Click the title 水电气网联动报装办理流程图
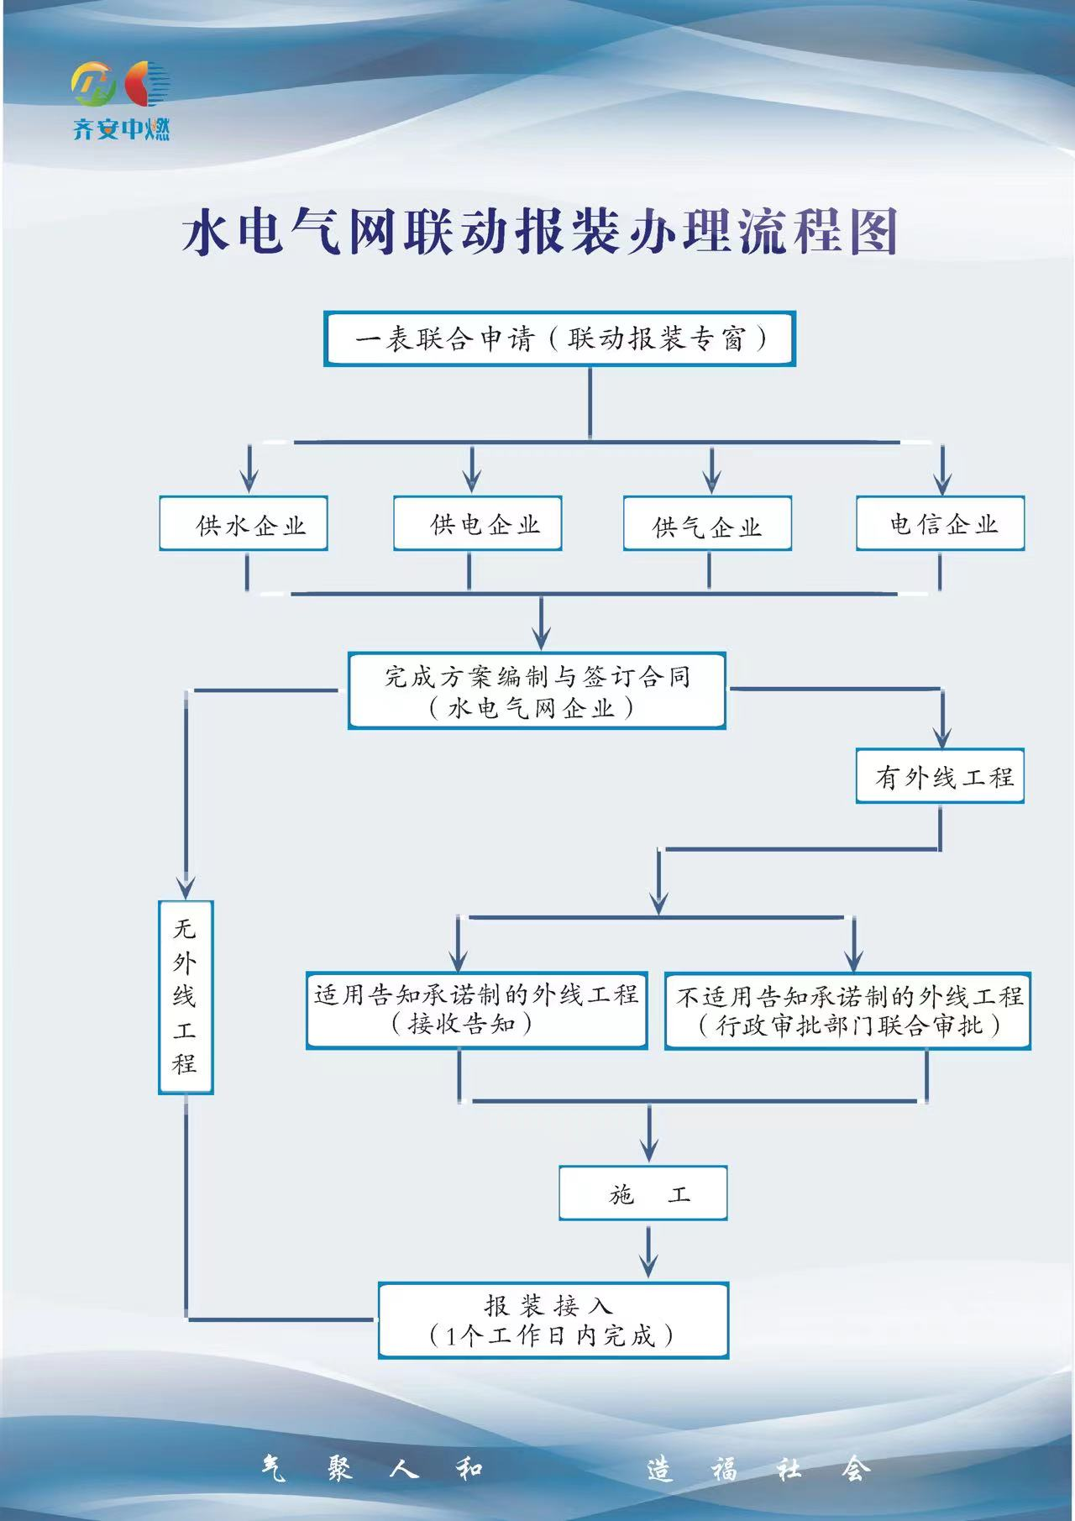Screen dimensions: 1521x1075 click(540, 233)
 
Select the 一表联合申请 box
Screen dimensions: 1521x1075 click(559, 339)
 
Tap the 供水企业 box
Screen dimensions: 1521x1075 click(244, 525)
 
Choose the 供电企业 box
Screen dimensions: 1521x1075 click(477, 524)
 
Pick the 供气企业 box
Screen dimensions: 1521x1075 click(707, 525)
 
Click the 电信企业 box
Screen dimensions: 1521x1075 click(940, 524)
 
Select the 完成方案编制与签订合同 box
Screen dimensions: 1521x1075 click(537, 690)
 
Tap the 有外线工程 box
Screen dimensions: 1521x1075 click(940, 776)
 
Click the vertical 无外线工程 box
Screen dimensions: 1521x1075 click(186, 997)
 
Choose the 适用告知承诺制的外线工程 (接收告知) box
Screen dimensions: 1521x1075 click(476, 1010)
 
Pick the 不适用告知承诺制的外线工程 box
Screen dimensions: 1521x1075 click(847, 1010)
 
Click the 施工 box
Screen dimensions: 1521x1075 click(643, 1193)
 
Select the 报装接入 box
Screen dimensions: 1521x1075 click(553, 1319)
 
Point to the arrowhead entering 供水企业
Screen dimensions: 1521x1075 click(249, 481)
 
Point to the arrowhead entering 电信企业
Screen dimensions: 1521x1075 click(942, 482)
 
